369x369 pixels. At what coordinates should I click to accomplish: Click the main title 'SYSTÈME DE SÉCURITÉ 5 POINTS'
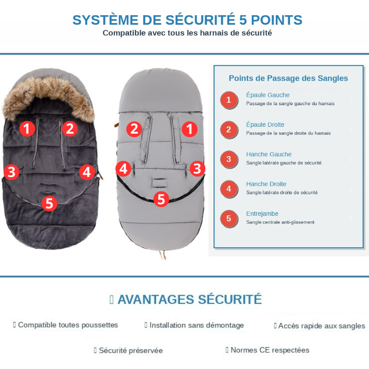pos(187,20)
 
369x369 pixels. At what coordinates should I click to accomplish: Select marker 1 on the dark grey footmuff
pos(27,128)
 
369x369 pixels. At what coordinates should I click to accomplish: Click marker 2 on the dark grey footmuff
pos(70,128)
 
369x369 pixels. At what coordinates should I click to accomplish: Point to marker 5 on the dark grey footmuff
pos(49,203)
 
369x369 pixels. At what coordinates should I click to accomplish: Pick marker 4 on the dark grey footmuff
pos(86,172)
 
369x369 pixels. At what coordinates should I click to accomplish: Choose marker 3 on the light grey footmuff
pos(197,169)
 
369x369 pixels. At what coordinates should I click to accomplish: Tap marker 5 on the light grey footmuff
pos(161,199)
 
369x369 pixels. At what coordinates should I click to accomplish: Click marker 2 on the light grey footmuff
pos(134,129)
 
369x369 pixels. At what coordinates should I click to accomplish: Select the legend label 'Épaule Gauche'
pos(268,95)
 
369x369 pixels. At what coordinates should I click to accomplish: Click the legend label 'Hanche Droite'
pos(266,184)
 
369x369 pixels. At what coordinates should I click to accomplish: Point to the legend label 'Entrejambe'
pos(262,214)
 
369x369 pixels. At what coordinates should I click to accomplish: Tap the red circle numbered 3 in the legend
pos(229,159)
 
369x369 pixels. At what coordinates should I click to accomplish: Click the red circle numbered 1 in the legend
pos(229,100)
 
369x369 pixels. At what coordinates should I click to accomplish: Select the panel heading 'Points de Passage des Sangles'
pos(288,78)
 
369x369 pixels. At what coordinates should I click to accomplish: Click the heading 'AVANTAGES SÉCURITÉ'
pos(189,299)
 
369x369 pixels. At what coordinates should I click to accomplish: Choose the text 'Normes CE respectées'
pos(270,350)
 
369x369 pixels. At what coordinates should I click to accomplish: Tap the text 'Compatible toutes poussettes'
pos(68,325)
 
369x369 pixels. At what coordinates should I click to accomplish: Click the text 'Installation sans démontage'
pos(196,325)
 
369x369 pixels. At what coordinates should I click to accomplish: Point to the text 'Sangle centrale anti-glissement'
pos(280,222)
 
